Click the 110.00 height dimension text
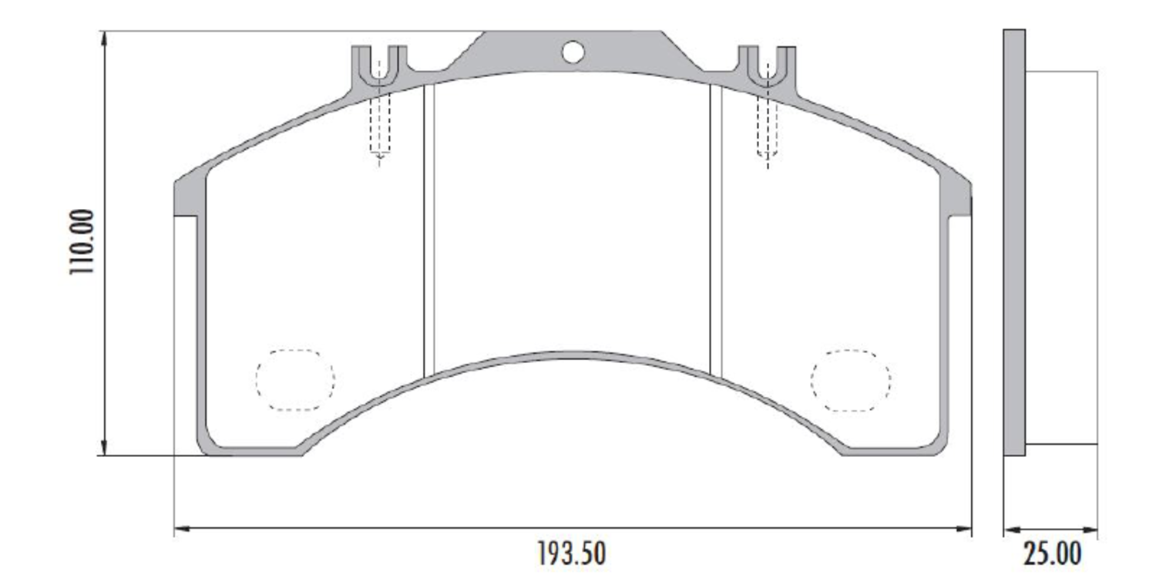coord(82,242)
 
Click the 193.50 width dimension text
coord(571,553)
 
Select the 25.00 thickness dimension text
coord(1052,553)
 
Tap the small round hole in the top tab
coord(573,52)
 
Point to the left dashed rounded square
coord(295,379)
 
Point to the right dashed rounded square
coord(850,379)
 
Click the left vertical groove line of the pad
coord(429,231)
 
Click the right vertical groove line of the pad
coord(714,231)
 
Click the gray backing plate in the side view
coord(1014,242)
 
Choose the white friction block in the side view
coord(1061,257)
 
